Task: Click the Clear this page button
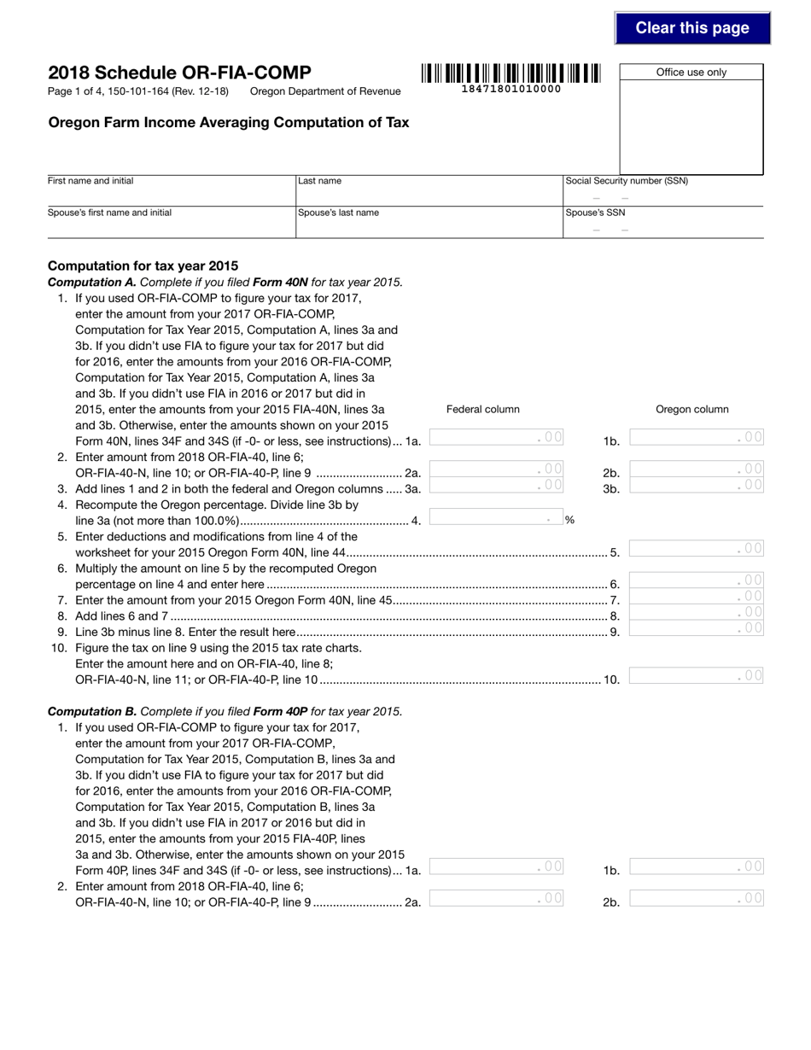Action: (x=691, y=28)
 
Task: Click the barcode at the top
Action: (x=511, y=73)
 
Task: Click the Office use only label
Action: (x=691, y=73)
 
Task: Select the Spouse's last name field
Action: (x=428, y=228)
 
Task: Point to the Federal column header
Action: (x=482, y=409)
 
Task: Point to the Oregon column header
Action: (x=691, y=409)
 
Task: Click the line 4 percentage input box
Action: (x=495, y=518)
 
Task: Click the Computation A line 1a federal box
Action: (x=496, y=438)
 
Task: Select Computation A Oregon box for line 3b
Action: (x=695, y=486)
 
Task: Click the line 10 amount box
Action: (x=695, y=676)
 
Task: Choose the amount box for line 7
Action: (x=695, y=597)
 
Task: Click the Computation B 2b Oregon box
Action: (x=695, y=898)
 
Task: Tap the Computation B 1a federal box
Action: (x=496, y=866)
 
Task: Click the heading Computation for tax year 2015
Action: (x=143, y=265)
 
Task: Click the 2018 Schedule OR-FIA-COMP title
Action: (x=179, y=73)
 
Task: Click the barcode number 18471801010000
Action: (x=511, y=89)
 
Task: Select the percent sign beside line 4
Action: (x=569, y=520)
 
